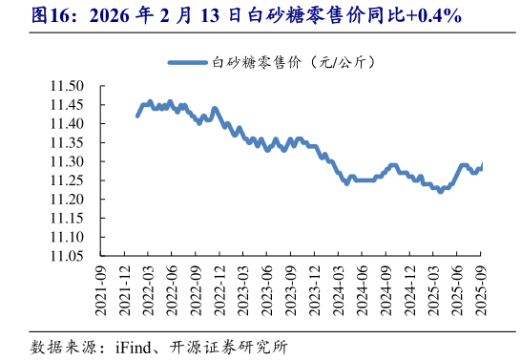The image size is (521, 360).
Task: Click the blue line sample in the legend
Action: pos(188,62)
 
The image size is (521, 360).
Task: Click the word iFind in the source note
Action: pos(134,345)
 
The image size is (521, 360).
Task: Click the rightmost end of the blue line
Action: pos(482,165)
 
